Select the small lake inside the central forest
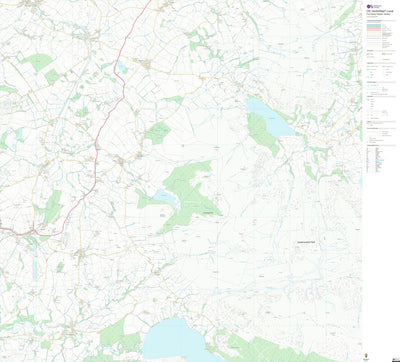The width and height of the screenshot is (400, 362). tap(164, 196)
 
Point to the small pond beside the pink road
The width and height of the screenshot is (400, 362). tap(121, 69)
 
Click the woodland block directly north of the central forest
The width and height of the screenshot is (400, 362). tap(157, 132)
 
